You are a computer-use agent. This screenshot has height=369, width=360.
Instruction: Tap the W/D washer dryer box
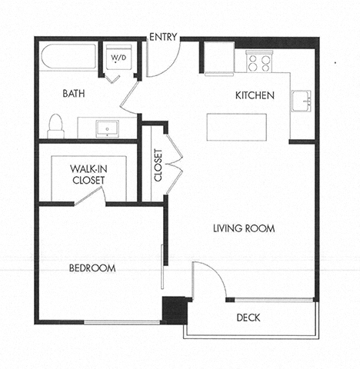tap(119, 58)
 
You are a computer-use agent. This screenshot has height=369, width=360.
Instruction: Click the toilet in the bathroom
tap(55, 125)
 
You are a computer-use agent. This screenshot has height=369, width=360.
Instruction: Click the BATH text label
tap(73, 94)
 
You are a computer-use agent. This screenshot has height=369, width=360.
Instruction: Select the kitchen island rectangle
tap(236, 127)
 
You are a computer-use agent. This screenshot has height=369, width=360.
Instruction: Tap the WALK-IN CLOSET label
tap(87, 174)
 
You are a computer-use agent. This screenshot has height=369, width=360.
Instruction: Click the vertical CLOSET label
tap(158, 164)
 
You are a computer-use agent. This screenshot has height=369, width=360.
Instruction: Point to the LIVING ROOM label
tap(243, 228)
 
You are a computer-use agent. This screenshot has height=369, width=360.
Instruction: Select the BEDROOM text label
tap(92, 268)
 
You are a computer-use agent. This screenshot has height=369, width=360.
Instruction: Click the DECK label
tap(248, 316)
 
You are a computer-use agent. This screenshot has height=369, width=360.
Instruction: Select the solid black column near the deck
tap(174, 309)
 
